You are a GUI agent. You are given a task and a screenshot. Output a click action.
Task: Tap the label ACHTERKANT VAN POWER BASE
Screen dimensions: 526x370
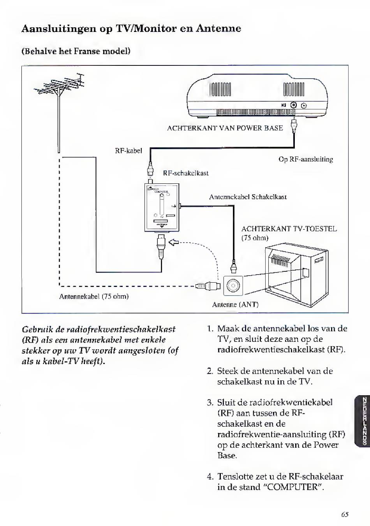point(225,128)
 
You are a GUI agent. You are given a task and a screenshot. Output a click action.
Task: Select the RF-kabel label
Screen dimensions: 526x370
point(128,150)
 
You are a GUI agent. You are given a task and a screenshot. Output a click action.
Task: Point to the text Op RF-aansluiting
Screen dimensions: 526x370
point(306,159)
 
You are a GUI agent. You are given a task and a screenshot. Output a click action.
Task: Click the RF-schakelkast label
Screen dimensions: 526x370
point(185,173)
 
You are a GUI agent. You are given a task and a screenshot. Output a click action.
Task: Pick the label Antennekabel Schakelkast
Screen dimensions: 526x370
point(248,197)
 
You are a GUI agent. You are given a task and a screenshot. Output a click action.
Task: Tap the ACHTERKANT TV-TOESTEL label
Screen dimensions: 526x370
point(289,229)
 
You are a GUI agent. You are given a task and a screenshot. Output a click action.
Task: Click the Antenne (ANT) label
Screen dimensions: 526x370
point(235,304)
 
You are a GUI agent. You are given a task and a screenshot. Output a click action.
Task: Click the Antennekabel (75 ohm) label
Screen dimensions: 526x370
point(94,296)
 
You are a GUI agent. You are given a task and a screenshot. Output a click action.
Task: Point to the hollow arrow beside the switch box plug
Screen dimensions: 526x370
point(174,243)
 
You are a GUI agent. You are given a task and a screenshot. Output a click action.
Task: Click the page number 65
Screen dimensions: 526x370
point(345,514)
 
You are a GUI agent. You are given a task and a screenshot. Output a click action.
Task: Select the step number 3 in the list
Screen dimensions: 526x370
point(210,403)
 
